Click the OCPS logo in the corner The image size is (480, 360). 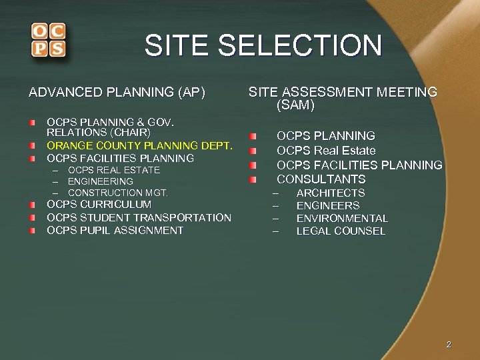point(47,40)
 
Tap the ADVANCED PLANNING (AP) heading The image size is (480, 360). point(117,92)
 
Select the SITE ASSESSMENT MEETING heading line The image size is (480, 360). point(343,92)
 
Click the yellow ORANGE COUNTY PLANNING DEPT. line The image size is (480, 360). point(139,145)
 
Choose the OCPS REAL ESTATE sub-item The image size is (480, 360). point(114,170)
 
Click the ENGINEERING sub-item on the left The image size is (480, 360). point(101,181)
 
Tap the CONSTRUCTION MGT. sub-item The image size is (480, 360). point(118,193)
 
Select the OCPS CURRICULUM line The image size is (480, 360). point(99,204)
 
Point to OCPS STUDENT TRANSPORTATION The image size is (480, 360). point(139,217)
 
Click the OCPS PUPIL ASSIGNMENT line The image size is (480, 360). point(115,230)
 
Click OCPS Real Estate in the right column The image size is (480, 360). point(326,151)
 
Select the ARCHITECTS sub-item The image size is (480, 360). point(330,193)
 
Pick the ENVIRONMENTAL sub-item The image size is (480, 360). point(341,218)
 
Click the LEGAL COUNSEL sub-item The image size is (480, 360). point(341,231)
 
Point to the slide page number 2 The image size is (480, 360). point(449,345)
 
